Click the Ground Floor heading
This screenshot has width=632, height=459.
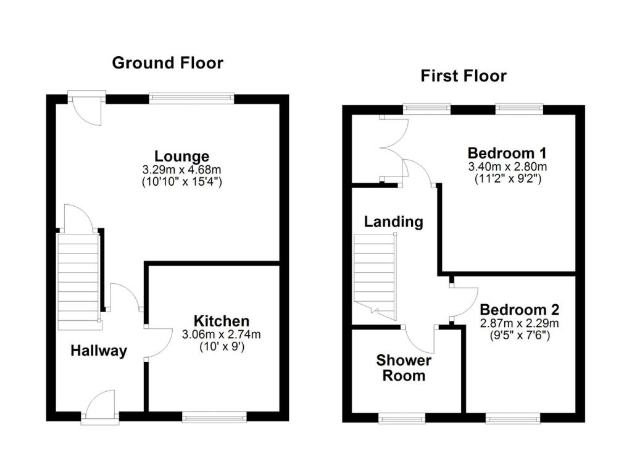pos(167,63)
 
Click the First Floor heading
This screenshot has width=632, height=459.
pos(464,76)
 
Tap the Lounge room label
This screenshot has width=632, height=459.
pos(181,156)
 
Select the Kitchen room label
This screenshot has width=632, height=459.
pos(222,321)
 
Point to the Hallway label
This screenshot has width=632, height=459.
pos(99,351)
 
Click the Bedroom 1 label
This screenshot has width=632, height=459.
pos(507,153)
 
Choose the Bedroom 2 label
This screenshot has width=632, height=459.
pos(519,310)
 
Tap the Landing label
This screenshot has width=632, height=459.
pos(394,222)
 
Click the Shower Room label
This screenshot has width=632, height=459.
pos(404,368)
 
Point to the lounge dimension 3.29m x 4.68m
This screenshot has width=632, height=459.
pos(181,168)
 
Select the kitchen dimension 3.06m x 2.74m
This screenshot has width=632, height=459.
pos(222,334)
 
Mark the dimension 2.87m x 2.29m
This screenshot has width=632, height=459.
pos(519,323)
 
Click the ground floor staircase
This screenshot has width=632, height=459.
pos(78,281)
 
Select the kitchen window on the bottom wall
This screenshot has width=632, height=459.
pos(214,418)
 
